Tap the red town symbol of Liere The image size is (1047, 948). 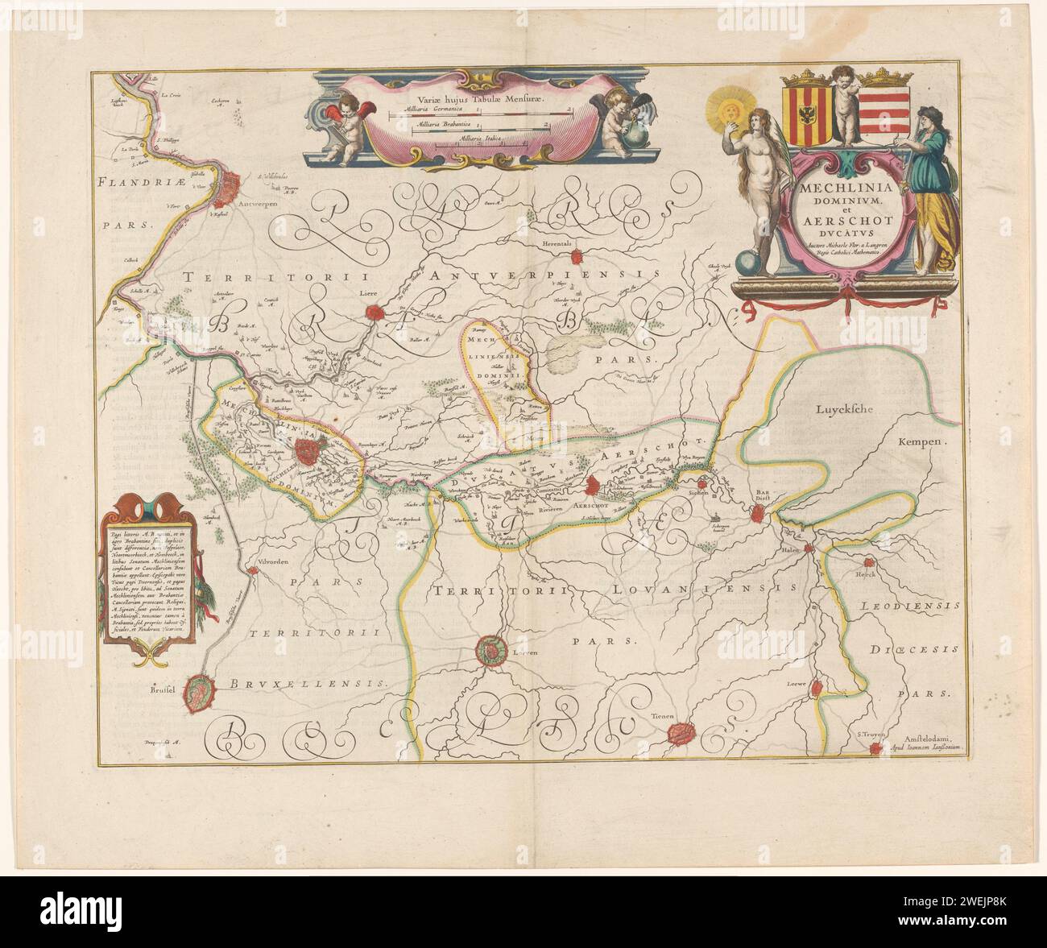372,312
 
